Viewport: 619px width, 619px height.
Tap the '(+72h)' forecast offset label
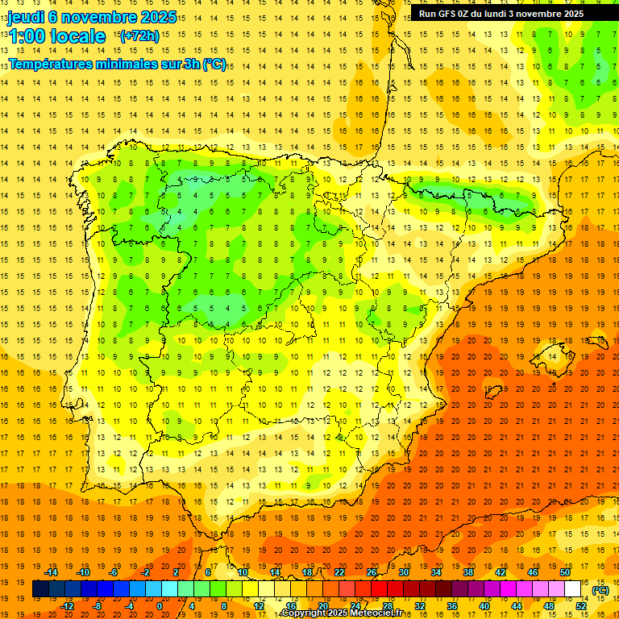139,36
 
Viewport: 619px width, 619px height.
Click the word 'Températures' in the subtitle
50,64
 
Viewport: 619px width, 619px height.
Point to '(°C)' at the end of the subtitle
214,64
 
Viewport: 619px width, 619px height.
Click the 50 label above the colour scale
565,572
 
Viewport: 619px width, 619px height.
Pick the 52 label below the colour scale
580,605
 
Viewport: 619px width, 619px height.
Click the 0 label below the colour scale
160,605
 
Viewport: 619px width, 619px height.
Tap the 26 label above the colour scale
372,572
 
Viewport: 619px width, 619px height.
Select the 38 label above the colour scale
468,572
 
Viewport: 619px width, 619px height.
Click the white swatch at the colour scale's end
572,589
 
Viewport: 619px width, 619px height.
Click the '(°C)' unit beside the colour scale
600,590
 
